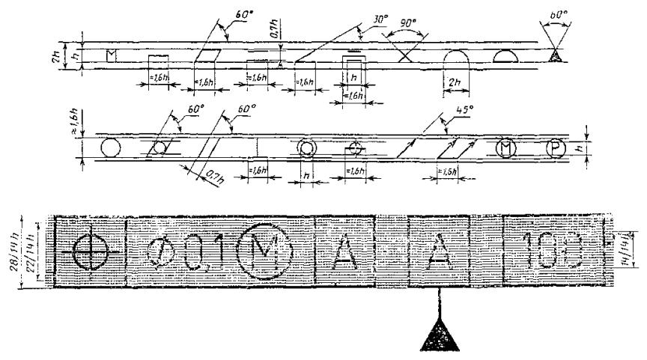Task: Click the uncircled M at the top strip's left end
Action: [x=112, y=55]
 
